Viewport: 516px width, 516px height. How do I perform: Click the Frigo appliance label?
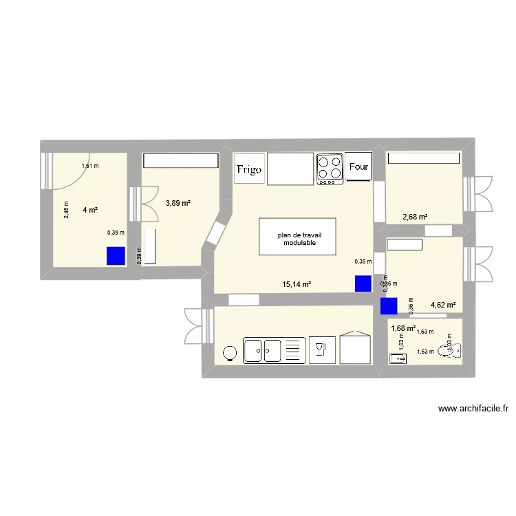[248, 169]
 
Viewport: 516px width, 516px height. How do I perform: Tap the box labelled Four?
[358, 166]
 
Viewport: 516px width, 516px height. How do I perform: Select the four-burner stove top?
[330, 169]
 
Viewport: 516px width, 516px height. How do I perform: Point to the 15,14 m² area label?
[297, 284]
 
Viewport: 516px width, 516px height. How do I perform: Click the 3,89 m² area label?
[178, 203]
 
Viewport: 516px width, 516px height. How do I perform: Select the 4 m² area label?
[90, 210]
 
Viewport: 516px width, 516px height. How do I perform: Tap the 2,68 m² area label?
[415, 217]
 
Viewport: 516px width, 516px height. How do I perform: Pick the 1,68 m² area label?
[403, 328]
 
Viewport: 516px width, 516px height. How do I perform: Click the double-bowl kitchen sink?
[273, 350]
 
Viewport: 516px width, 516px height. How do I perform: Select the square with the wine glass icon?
[320, 350]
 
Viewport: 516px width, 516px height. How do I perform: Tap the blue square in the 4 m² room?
[116, 256]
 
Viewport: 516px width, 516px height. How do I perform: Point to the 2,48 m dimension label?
[67, 208]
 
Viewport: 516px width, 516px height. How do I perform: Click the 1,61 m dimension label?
[90, 166]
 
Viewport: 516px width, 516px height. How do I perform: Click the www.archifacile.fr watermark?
[473, 409]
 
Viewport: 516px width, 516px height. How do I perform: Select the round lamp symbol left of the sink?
[230, 352]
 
